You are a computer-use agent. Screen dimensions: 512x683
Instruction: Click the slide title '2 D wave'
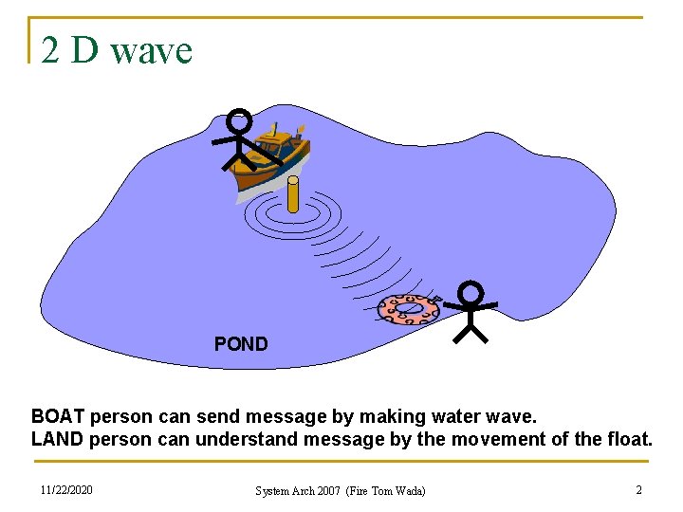(x=117, y=50)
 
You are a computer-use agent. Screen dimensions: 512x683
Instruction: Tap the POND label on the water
(x=241, y=344)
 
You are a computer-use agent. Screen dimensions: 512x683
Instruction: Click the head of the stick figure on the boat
(x=240, y=120)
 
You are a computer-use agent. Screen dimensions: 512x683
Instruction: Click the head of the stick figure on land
(x=471, y=293)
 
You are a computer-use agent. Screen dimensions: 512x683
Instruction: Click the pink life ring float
(x=409, y=308)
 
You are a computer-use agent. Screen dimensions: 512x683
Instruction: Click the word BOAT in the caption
(x=58, y=416)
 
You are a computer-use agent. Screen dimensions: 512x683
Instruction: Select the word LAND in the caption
(x=57, y=439)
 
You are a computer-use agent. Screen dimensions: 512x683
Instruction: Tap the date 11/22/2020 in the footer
(x=66, y=490)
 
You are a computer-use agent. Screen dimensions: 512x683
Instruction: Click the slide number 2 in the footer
(x=638, y=490)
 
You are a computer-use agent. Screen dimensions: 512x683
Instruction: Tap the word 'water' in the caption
(x=443, y=416)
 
